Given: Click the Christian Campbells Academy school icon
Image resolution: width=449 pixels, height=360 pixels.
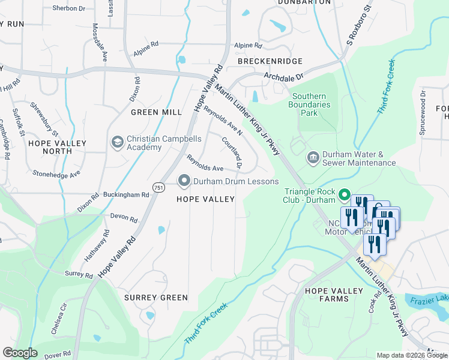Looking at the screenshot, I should pyautogui.click(x=117, y=142).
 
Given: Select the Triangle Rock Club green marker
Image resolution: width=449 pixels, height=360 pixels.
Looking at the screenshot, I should pyautogui.click(x=345, y=195).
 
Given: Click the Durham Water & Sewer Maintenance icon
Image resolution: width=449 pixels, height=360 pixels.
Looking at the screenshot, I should pyautogui.click(x=313, y=158).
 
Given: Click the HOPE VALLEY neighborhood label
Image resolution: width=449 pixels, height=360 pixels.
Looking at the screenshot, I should pyautogui.click(x=205, y=199).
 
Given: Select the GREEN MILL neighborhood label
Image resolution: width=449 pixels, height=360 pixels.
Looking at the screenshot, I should pyautogui.click(x=156, y=112).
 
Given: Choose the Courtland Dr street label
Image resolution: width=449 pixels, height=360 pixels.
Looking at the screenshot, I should pyautogui.click(x=232, y=152).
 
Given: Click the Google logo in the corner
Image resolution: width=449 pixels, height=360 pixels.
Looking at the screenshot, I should pyautogui.click(x=20, y=352).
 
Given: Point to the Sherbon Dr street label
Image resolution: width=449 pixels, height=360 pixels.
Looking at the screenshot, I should pyautogui.click(x=70, y=8).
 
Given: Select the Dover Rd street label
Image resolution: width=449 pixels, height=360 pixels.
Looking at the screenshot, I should pyautogui.click(x=58, y=355).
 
